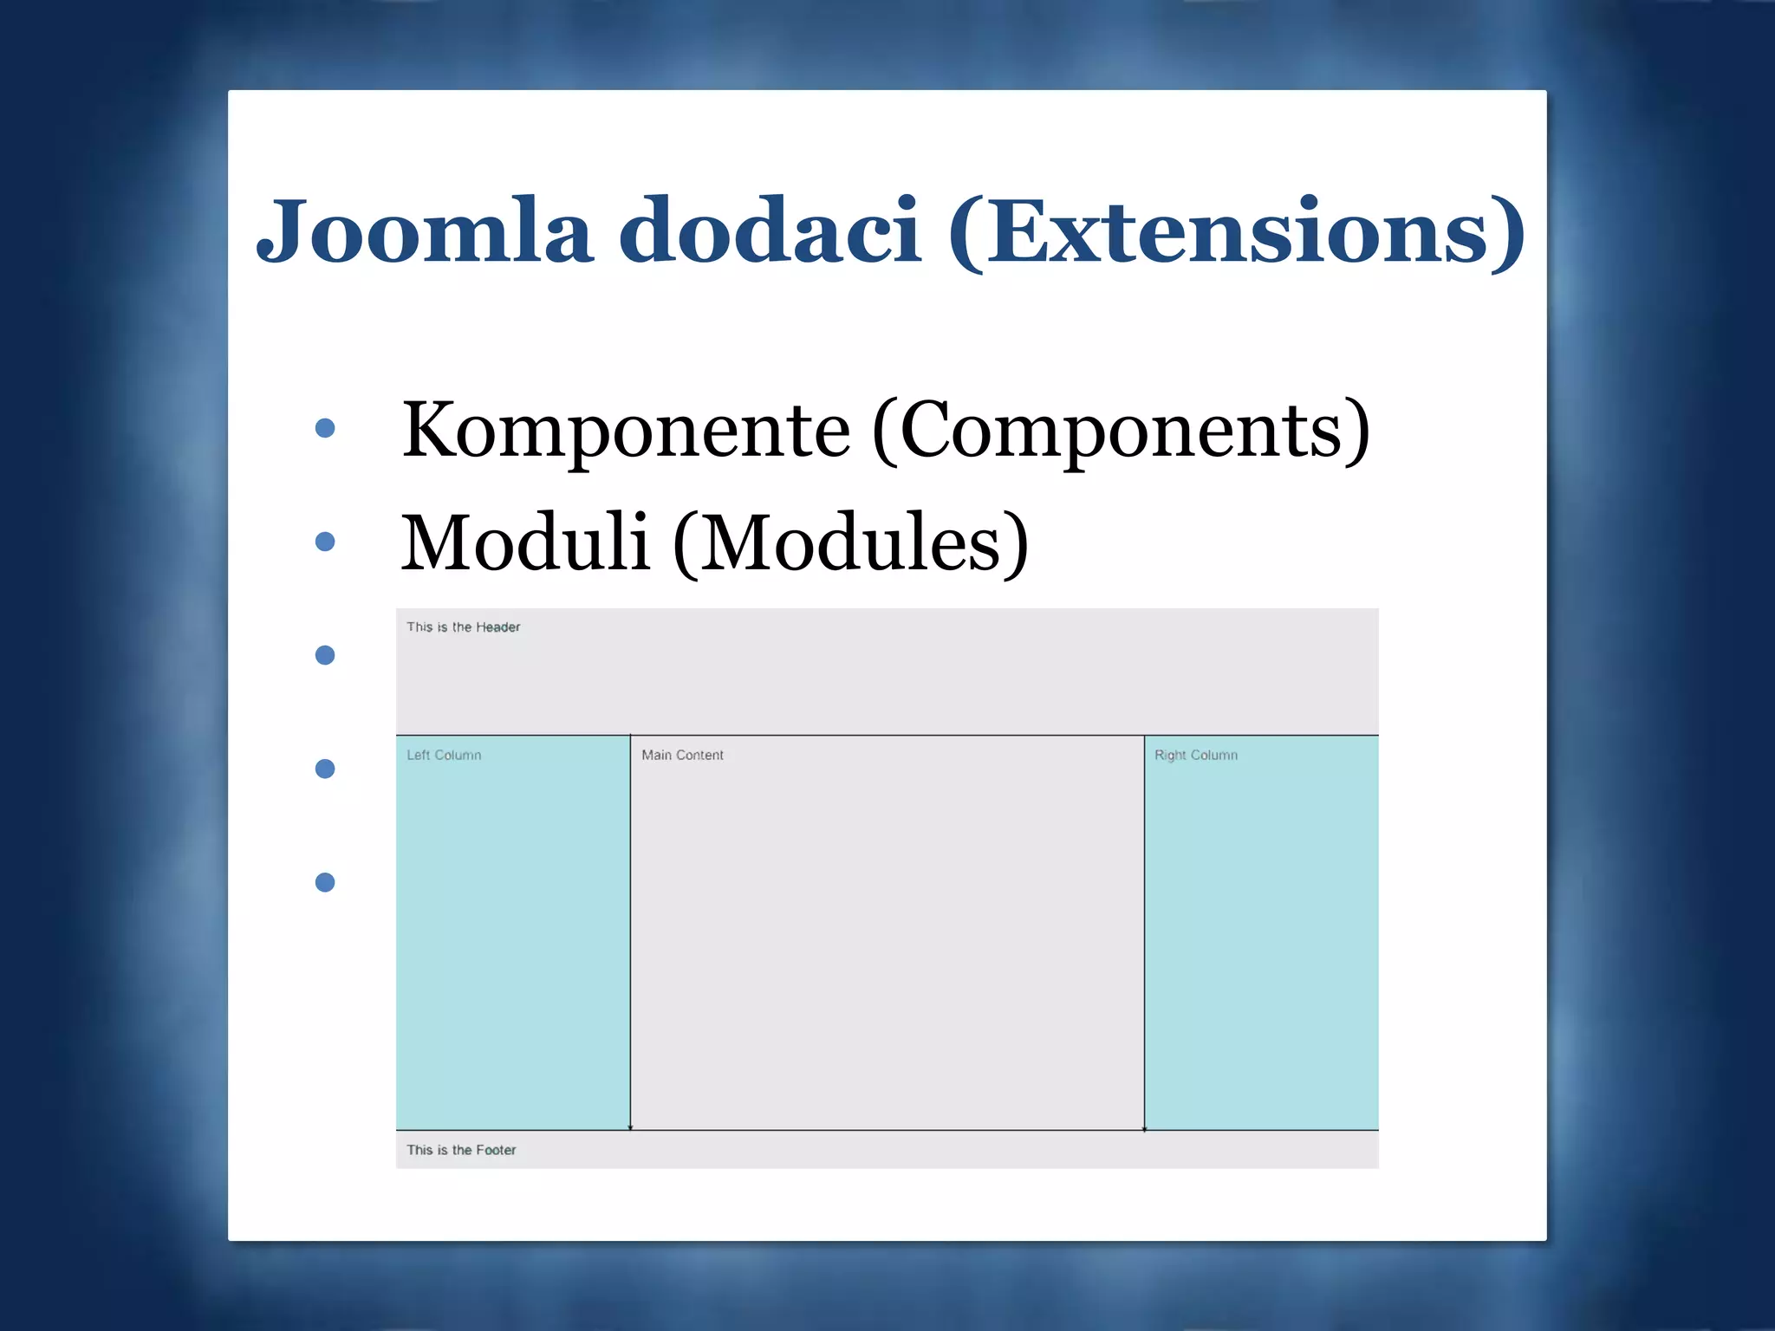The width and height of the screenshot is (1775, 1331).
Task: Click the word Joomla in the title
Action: tap(425, 231)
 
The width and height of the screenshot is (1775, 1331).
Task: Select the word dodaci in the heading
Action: tap(769, 231)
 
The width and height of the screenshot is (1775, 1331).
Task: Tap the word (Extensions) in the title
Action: tap(1237, 231)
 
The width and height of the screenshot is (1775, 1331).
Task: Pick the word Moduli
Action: tap(525, 542)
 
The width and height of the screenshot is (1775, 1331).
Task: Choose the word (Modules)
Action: tap(851, 542)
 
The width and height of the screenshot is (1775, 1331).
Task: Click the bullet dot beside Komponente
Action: tap(325, 428)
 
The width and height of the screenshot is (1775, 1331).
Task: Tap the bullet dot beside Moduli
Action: tap(325, 542)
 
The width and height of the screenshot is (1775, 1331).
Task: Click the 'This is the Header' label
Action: tap(464, 627)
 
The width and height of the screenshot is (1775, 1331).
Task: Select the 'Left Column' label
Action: tap(444, 756)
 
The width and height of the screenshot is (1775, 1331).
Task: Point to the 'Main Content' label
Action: tap(682, 756)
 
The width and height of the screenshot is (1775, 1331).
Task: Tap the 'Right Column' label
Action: tap(1196, 756)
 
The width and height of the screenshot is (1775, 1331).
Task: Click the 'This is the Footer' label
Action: tap(461, 1150)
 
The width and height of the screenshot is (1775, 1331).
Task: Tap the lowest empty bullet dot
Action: tap(325, 882)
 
